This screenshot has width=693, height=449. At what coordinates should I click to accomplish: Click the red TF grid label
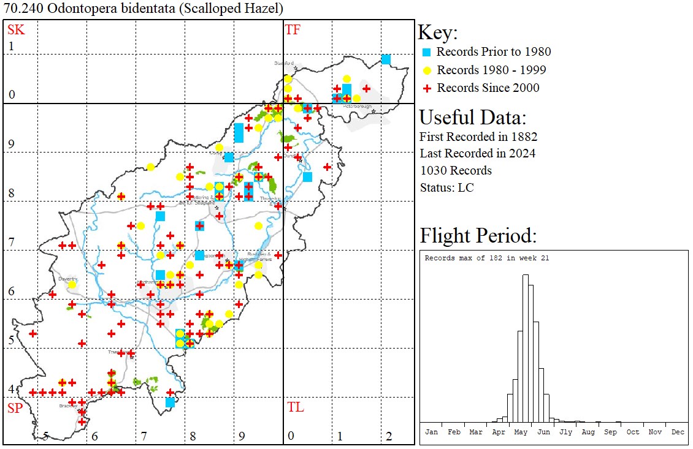pyautogui.click(x=293, y=29)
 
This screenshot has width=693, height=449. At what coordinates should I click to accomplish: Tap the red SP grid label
pyautogui.click(x=15, y=408)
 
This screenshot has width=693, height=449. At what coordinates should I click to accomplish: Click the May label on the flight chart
pyautogui.click(x=521, y=432)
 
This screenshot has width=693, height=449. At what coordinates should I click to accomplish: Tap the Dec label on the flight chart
pyautogui.click(x=678, y=432)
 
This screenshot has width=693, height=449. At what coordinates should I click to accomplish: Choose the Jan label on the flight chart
pyautogui.click(x=431, y=432)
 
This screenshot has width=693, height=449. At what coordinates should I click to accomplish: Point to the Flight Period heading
pyautogui.click(x=478, y=236)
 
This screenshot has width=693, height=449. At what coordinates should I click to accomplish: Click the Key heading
pyautogui.click(x=437, y=32)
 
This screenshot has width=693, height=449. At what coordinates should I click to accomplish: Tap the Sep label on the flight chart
pyautogui.click(x=610, y=432)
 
